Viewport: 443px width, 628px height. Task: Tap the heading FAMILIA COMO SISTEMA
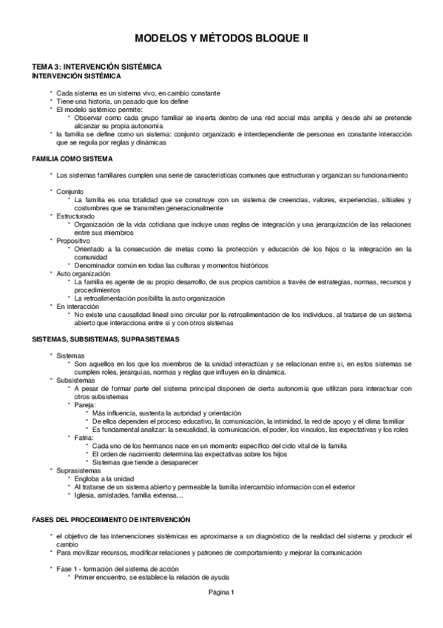pos(72,158)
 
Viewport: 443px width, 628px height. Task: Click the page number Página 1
pos(220,591)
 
